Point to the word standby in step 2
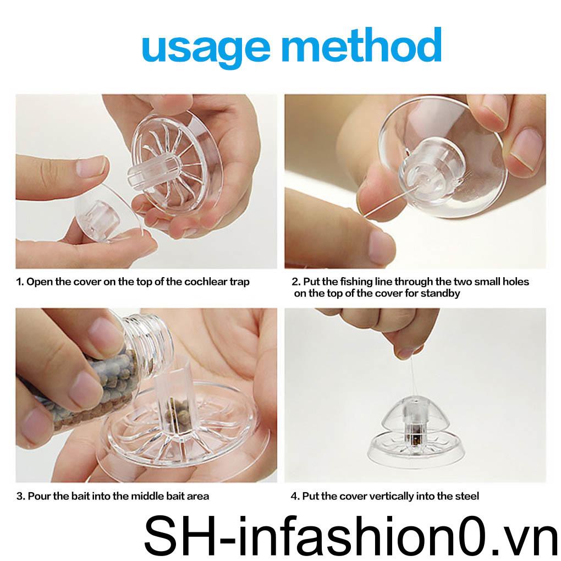(x=441, y=293)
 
